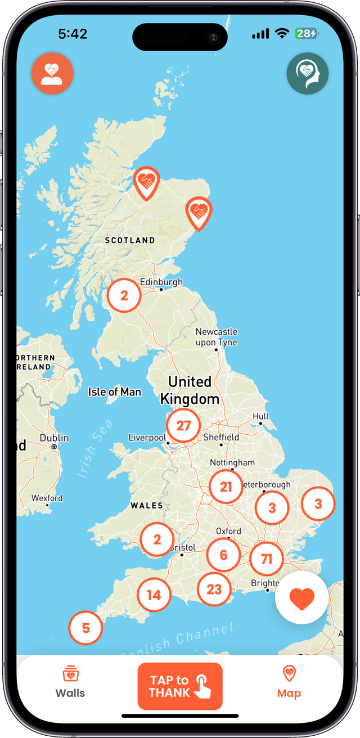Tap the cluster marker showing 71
point(267,559)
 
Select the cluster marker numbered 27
point(183,426)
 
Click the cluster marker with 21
point(226,487)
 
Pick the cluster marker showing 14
point(154,595)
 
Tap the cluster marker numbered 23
point(214,589)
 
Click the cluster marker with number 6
point(223,555)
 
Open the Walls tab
point(70,682)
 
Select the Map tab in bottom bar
point(289,682)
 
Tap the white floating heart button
point(301,598)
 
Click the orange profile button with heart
point(52,73)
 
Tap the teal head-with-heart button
point(307,73)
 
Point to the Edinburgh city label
point(161,282)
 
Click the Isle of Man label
point(115,392)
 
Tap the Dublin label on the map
point(55,438)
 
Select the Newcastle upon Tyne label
point(216,337)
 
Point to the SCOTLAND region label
point(130,240)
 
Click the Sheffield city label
point(221,437)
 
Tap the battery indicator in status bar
point(307,34)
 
